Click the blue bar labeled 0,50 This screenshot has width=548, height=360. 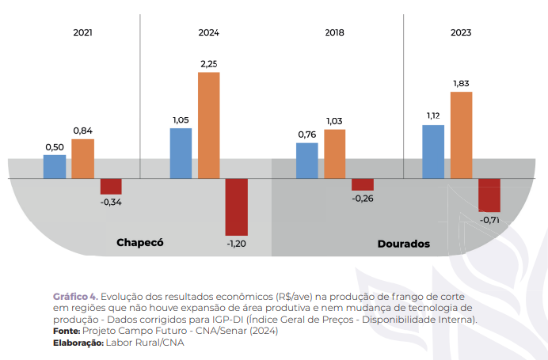[x=54, y=166]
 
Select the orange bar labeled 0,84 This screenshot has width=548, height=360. [x=82, y=158]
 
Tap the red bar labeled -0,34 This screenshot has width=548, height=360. [x=111, y=186]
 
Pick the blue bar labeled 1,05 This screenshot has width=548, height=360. [x=181, y=153]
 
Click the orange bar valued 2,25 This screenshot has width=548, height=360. [x=208, y=125]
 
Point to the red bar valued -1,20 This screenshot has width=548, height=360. [x=236, y=207]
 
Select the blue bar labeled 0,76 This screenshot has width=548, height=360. [x=306, y=161]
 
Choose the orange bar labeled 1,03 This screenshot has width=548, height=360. [x=335, y=153]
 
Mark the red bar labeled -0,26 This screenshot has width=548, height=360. [x=363, y=184]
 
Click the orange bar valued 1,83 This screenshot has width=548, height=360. [x=461, y=135]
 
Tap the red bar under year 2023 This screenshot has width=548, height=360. [x=489, y=195]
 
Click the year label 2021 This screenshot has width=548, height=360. [x=82, y=33]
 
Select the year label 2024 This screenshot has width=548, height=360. [x=209, y=33]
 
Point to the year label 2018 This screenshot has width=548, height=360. [x=335, y=33]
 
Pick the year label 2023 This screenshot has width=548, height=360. [x=461, y=33]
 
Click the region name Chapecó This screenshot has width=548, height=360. [x=139, y=242]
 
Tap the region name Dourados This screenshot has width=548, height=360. [x=403, y=244]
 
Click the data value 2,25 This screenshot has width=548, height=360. [x=209, y=63]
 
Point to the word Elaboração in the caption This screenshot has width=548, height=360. [x=78, y=343]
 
